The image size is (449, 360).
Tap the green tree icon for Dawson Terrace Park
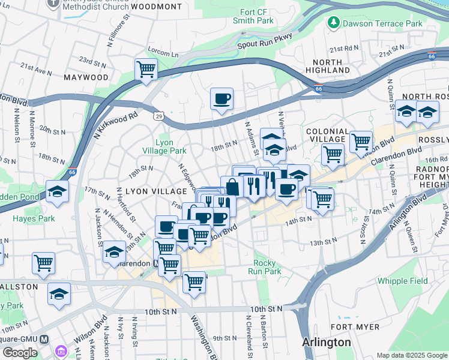point(333,23)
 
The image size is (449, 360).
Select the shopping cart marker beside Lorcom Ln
point(146,70)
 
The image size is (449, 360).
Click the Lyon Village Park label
point(164,146)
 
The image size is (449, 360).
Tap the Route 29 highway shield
point(158,115)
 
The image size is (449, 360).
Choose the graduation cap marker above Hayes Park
point(58,191)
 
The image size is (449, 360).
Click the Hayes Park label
point(34,219)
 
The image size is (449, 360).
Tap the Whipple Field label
point(402,281)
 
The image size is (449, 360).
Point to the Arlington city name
point(326,343)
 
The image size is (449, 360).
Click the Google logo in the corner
point(20,352)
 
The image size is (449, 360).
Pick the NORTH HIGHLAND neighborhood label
point(327,66)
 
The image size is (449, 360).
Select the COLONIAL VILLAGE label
point(327,135)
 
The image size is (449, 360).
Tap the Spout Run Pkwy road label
point(264,41)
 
